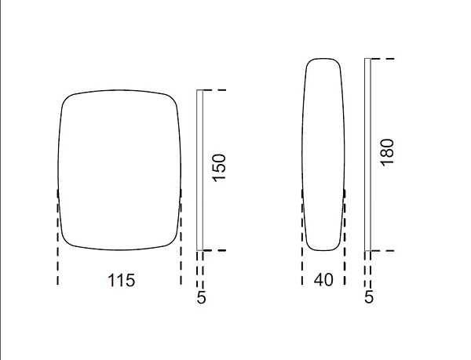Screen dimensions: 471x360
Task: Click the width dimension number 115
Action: (x=122, y=281)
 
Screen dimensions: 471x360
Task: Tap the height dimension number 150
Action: (x=219, y=168)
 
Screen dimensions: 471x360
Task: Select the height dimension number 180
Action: (x=387, y=152)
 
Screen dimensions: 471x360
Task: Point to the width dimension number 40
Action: (x=323, y=280)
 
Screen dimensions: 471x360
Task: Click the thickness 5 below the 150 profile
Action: (x=201, y=297)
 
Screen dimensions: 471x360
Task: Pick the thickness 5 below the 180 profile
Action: (x=369, y=296)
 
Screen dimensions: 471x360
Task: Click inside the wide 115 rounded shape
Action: (x=119, y=169)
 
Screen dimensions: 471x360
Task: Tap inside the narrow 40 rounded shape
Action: (x=323, y=155)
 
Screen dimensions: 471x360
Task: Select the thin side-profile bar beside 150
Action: (x=199, y=169)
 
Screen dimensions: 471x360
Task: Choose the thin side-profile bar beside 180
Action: (x=367, y=155)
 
